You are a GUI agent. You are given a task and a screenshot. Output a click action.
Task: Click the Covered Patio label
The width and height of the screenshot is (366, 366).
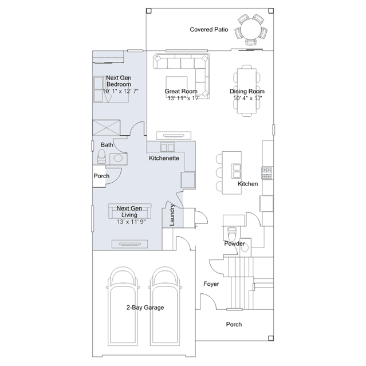coord(208,29)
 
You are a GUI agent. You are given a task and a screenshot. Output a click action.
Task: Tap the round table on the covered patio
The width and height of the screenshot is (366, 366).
coord(251,30)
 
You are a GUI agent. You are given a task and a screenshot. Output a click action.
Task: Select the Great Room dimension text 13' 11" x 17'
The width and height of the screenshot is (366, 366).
coord(183,98)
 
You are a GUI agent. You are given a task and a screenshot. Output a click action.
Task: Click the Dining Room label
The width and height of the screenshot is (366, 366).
coord(247,91)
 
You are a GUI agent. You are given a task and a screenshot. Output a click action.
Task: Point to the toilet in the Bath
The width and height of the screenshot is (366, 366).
coord(101,156)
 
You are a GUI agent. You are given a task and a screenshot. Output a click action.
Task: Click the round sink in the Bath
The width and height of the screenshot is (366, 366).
coord(118,158)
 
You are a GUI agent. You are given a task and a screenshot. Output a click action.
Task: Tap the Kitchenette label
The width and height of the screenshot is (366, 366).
coord(164,158)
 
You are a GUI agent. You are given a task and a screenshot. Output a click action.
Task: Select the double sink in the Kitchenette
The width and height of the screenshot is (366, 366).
coord(167,147)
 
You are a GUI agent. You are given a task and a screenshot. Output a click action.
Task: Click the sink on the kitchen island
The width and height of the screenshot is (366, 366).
coord(236,171)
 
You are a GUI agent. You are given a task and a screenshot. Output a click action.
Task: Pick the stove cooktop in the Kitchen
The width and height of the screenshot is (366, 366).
coord(267,173)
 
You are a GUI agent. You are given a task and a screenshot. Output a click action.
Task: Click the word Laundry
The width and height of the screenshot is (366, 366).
coord(172,215)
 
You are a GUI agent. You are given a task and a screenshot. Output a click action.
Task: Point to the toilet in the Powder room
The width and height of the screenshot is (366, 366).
coord(232,234)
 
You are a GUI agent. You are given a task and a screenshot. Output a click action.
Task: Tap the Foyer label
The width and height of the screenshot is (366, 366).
coord(211,284)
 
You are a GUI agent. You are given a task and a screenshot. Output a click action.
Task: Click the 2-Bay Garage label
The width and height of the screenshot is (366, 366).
coord(145,308)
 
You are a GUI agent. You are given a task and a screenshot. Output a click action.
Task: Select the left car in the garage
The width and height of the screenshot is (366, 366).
coord(123,306)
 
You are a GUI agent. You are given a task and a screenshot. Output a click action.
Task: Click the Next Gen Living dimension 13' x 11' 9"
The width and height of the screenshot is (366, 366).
coord(131,222)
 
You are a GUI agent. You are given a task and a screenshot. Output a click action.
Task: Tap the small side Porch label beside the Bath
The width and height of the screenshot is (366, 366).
coord(101,176)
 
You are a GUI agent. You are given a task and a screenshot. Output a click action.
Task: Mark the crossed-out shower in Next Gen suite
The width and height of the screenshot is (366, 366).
coord(106,128)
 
